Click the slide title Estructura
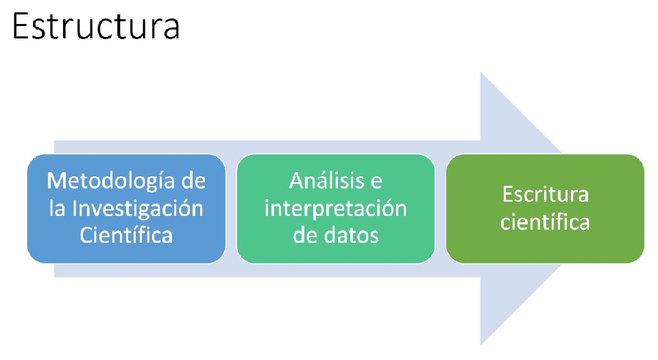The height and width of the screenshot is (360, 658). click(96, 26)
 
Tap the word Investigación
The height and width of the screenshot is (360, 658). click(138, 209)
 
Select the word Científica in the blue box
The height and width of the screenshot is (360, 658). click(126, 235)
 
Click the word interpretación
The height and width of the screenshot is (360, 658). click(336, 208)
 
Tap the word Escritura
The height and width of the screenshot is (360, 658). click(546, 194)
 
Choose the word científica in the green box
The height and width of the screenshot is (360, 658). click(545, 221)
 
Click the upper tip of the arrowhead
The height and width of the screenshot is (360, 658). click(481, 73)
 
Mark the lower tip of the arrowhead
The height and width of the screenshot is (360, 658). click(481, 344)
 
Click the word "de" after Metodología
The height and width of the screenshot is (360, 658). click(193, 181)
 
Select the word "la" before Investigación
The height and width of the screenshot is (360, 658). click(57, 208)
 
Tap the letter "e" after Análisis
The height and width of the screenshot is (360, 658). click(376, 183)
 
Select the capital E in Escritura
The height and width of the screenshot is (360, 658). click(508, 195)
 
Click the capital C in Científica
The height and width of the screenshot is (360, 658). click(87, 235)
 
